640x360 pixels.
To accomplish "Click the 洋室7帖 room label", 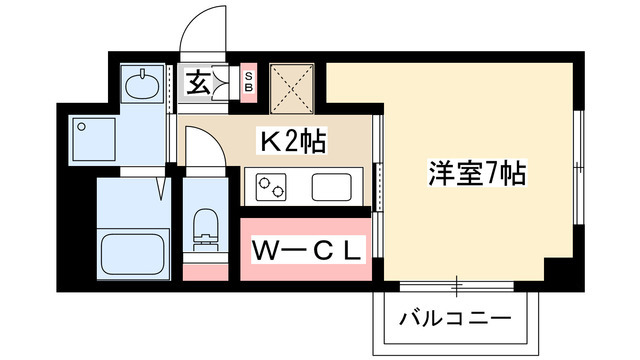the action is tap(477, 173).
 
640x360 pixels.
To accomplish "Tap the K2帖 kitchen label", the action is tap(291, 141).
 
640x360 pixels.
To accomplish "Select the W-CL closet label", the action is tap(307, 251).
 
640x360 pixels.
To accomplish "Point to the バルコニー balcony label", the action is tap(455, 318).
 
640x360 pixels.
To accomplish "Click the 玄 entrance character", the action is tap(198, 83).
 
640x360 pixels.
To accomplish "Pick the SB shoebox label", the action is tap(249, 82).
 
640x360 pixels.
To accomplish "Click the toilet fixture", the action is tap(205, 230).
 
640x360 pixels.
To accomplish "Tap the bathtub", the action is tap(133, 254).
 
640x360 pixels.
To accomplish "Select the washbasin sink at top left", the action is tap(142, 84).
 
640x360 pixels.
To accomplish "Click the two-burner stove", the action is tap(271, 187).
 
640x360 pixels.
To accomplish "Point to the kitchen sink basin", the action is tap(331, 187).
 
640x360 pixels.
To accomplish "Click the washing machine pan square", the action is tap(94, 139).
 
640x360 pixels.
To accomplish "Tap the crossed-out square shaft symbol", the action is tap(292, 88).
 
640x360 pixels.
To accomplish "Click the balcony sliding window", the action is tap(456, 286).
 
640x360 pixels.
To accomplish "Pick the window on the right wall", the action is tap(578, 167).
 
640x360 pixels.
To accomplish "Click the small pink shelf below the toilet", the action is tap(205, 272).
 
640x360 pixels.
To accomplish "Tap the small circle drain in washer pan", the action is tap(81, 127).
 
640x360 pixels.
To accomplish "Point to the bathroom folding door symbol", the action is tap(162, 188).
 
